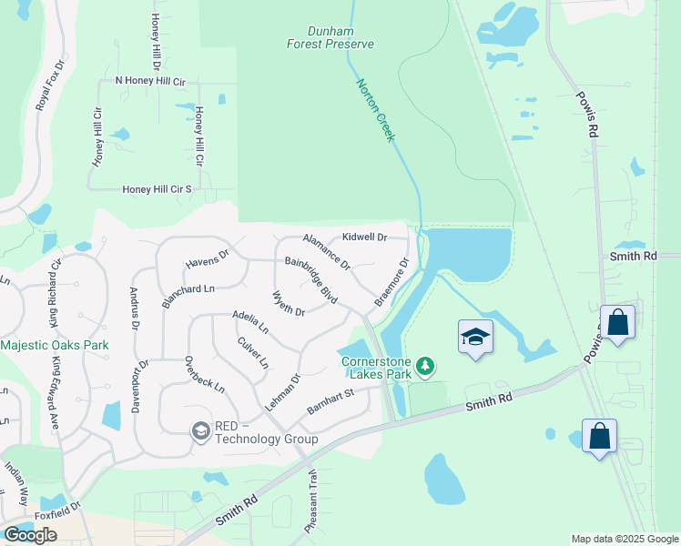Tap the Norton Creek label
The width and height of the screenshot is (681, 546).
pos(374,108)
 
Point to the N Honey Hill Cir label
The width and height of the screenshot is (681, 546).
pos(150,81)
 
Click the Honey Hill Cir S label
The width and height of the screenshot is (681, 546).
pos(158,189)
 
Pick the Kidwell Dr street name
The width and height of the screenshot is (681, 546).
pos(364,238)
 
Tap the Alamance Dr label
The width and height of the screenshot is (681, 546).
pos(326,249)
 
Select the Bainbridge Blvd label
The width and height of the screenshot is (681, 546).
pos(310,281)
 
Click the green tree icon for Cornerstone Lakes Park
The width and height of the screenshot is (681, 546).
pos(424,367)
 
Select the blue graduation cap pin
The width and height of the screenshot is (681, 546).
pos(476,338)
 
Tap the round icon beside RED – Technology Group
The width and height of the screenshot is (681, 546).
pos(200,430)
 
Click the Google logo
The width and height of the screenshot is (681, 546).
pos(30,534)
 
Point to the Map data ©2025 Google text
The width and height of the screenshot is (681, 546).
pos(625,539)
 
